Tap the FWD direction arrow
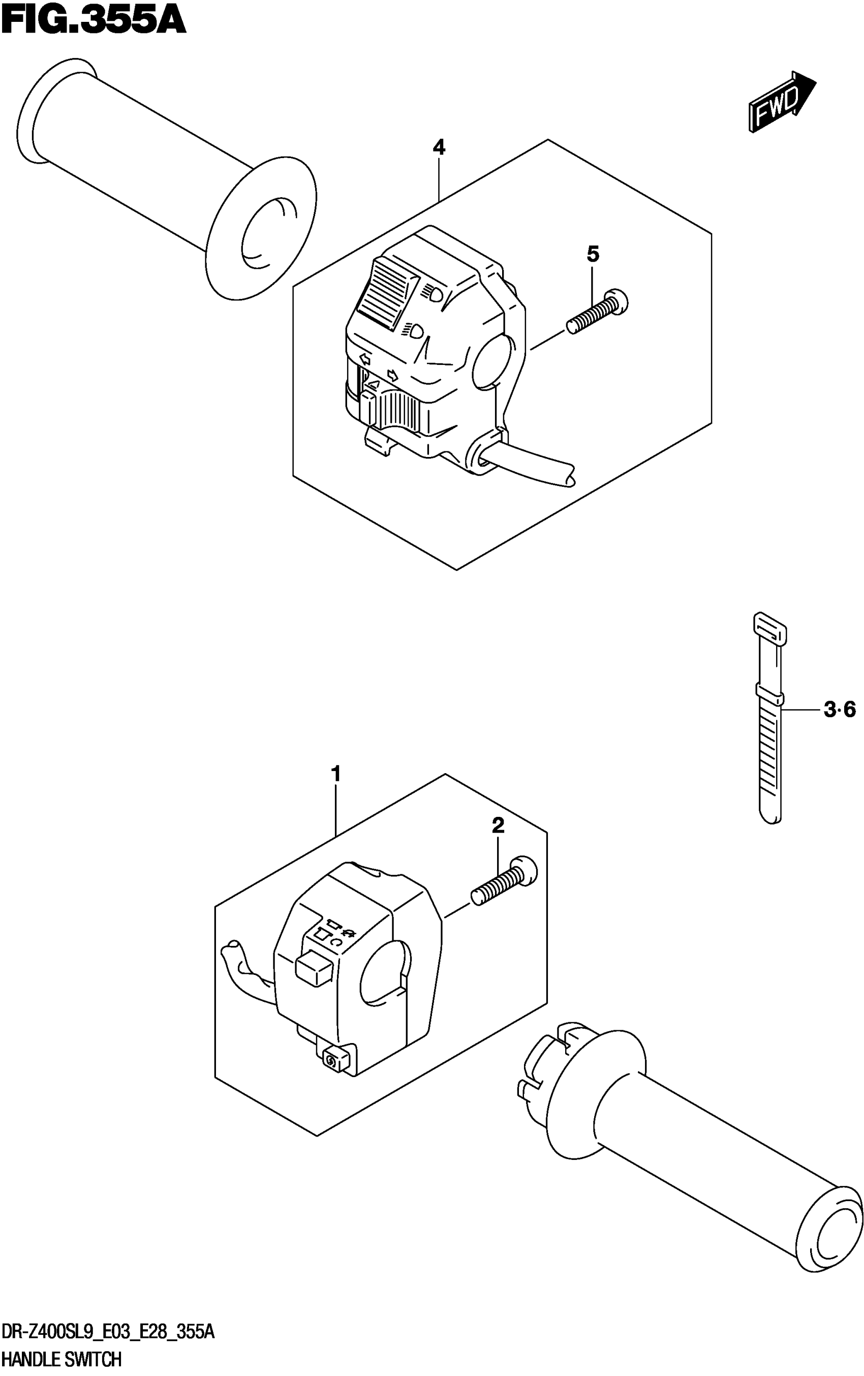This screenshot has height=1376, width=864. pos(781,103)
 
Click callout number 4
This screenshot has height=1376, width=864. pos(438,147)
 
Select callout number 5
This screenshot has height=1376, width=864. pos(593,254)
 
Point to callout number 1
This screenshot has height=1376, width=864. pos(335,774)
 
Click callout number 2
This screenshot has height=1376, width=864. pos(498,825)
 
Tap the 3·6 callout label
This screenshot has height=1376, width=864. pos(840,710)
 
